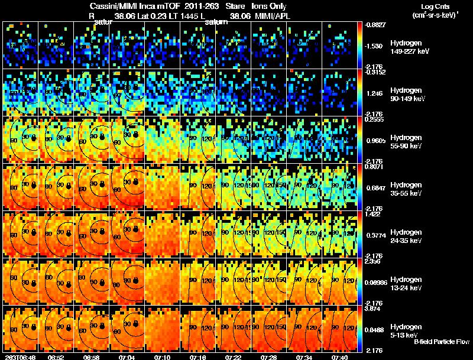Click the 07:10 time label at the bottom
click(162, 357)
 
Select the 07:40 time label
click(339, 357)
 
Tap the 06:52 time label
click(56, 357)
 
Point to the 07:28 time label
click(268, 357)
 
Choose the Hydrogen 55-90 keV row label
click(406, 142)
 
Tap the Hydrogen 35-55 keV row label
click(406, 189)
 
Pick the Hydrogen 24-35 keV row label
click(406, 236)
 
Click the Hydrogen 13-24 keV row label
click(406, 283)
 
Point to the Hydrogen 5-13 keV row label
click(405, 330)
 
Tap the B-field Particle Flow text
click(442, 342)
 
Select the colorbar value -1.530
click(375, 46)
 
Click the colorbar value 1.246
click(375, 93)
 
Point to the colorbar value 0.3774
click(375, 235)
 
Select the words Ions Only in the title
click(269, 6)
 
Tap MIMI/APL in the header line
click(274, 17)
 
